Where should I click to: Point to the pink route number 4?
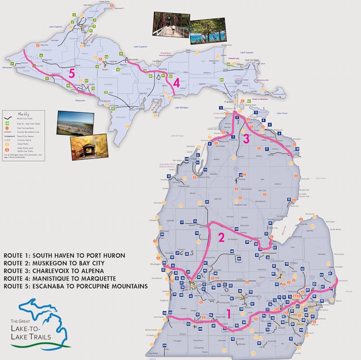(176, 83)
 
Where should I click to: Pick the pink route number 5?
(72, 74)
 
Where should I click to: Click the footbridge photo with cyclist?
(170, 23)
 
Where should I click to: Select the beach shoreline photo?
(75, 124)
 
